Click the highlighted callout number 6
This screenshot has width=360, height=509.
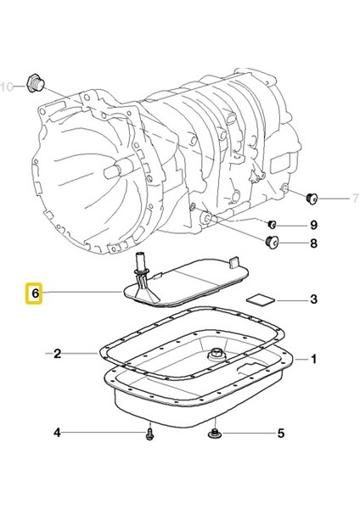[x=35, y=294]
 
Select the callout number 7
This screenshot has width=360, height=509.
[x=345, y=199]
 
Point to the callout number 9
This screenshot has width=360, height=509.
[x=313, y=225]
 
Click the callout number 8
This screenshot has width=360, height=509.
[x=313, y=245]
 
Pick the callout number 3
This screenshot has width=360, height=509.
[x=313, y=299]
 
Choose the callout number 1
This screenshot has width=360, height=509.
[x=313, y=359]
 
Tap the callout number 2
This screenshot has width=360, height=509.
[x=58, y=353]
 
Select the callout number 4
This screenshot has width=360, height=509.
[x=58, y=433]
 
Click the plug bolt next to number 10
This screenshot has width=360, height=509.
[x=35, y=83]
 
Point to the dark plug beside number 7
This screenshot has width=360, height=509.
[x=312, y=199]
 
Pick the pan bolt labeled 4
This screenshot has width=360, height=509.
[x=149, y=433]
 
